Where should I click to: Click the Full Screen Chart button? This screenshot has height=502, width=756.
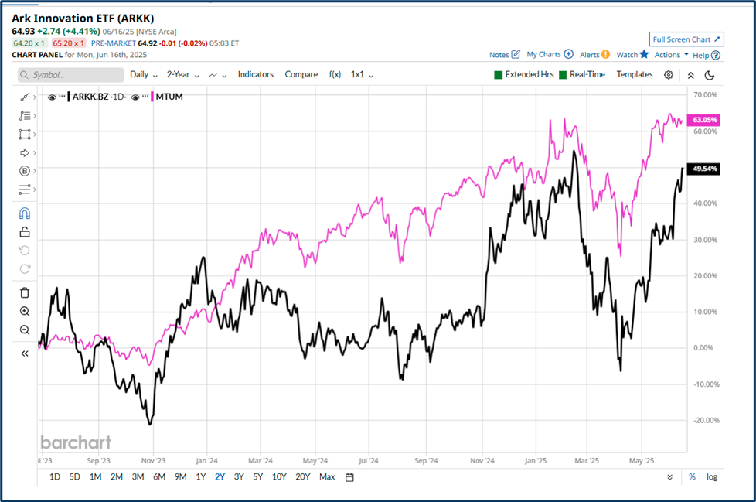686,39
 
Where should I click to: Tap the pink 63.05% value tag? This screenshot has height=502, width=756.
705,120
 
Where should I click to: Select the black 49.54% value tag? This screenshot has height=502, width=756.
705,168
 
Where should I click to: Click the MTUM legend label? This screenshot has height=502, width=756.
170,97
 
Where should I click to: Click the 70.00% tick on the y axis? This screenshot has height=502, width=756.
705,94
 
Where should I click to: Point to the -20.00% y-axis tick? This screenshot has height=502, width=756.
705,420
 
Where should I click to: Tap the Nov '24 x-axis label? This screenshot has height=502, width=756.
482,460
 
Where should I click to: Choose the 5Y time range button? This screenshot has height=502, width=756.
258,476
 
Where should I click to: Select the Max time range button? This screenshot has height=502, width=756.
327,476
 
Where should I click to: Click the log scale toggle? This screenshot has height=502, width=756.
711,476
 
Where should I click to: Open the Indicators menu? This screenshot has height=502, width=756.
255,74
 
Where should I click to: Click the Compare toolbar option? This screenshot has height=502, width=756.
301,74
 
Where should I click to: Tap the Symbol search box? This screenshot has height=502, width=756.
70,75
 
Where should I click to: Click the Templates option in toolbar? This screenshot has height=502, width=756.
634,74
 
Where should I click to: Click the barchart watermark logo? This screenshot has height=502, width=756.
76,442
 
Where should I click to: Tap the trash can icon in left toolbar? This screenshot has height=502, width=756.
25,292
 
